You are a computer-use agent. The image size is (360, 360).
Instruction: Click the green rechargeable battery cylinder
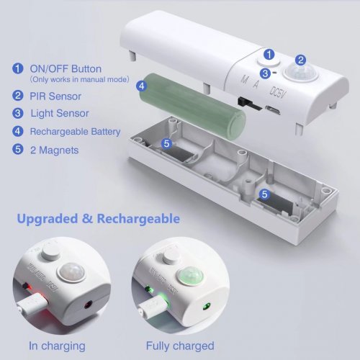pos(192,105)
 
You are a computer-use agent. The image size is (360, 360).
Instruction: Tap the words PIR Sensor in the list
pos(55,96)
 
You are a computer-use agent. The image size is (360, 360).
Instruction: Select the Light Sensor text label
pos(60,113)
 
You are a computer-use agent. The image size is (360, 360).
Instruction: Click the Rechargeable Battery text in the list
pos(75,132)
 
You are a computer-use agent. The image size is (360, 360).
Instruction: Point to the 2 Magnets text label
pos(55,150)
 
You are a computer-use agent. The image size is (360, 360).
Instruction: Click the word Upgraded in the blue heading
pos(48,219)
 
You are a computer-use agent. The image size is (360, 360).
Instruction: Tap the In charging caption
pos(57,346)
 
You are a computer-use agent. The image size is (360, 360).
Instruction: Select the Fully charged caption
pos(180,346)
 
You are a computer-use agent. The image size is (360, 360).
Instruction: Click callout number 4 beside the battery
pos(142,86)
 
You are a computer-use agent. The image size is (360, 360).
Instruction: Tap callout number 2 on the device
pos(300,60)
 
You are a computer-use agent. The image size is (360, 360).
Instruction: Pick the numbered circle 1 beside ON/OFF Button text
pos(18,68)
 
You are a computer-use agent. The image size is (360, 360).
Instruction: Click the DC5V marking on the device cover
pos(278,92)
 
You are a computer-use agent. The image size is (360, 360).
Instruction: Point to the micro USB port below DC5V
pos(273,110)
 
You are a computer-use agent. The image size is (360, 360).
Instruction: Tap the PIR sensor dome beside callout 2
pos(300,72)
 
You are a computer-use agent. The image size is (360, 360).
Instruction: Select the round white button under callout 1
pos(269,63)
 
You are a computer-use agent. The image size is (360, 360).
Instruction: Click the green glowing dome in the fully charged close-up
pos(190,275)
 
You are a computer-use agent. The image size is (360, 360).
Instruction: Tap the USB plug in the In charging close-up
pos(33,304)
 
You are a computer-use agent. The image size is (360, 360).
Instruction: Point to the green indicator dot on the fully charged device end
pos(206,307)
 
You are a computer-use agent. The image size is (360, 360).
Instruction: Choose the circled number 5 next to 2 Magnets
pos(18,149)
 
